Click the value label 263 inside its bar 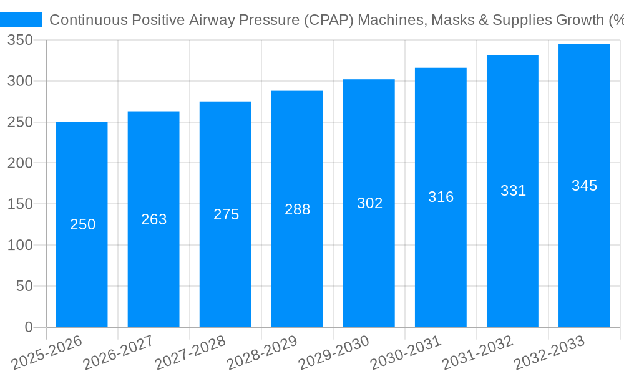(154, 219)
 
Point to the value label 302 (369, 203)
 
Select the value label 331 (513, 191)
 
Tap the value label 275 (226, 214)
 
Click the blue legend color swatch (21, 20)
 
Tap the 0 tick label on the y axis (28, 327)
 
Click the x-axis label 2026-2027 (119, 353)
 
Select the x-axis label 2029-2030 (334, 353)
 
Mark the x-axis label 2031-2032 (478, 353)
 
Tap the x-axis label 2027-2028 (190, 353)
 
